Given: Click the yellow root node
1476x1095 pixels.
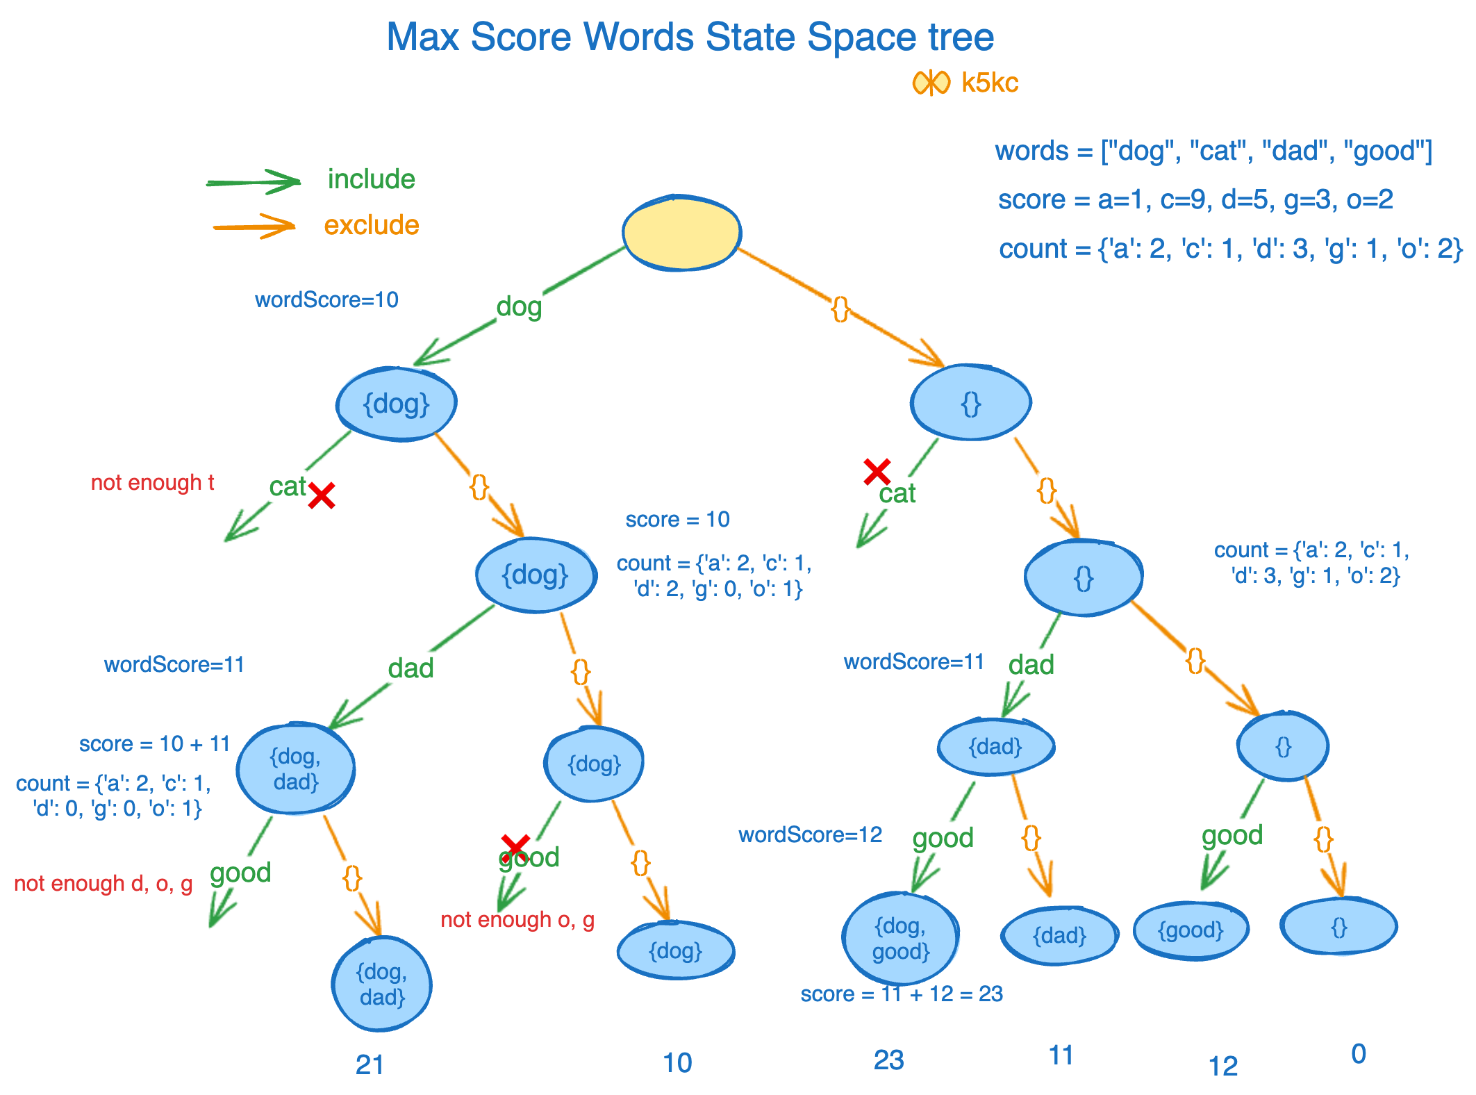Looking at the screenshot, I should click(681, 233).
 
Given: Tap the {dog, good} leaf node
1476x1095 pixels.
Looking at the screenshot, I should click(900, 938).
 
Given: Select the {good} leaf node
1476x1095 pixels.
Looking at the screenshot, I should click(1191, 930).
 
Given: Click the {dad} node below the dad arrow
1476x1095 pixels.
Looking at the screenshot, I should click(995, 747).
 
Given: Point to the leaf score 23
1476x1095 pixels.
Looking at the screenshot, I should click(888, 1060).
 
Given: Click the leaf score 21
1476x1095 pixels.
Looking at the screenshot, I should click(370, 1064).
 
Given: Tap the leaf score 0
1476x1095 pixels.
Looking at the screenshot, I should click(1359, 1054).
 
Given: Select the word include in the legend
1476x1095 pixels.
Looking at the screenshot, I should click(371, 179).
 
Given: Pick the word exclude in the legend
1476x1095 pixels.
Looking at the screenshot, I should click(372, 225).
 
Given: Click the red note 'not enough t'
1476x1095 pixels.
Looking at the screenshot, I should click(152, 482).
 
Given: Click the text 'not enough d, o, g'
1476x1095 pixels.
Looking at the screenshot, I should click(103, 883).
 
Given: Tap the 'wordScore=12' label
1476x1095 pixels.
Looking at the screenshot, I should click(810, 834).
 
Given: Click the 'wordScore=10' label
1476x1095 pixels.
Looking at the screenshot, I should click(326, 299).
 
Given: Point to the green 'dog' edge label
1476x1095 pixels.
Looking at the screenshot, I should click(519, 306).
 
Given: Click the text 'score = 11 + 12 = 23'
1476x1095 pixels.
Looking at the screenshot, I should click(902, 994).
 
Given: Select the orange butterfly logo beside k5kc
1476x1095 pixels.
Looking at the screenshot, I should click(931, 83).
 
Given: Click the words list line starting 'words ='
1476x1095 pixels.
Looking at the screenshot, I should click(1213, 151).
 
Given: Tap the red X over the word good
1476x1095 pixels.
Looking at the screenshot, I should click(515, 846).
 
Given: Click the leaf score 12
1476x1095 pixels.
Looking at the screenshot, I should click(1222, 1066).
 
